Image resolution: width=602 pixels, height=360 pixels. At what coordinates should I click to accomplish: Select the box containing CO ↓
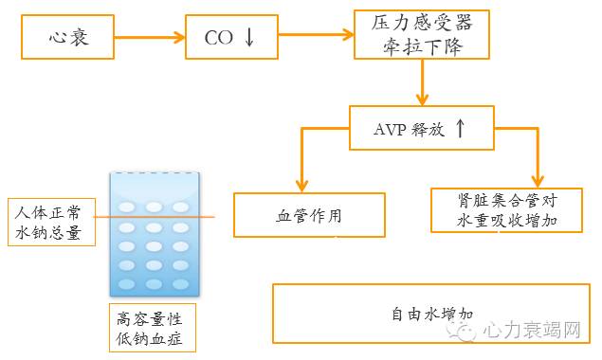[x=231, y=38]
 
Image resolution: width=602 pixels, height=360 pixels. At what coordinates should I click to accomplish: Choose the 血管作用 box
[x=310, y=216]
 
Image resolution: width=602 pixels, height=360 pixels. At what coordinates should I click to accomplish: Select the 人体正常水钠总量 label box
[x=51, y=222]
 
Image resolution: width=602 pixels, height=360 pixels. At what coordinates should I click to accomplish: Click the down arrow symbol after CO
[x=249, y=38]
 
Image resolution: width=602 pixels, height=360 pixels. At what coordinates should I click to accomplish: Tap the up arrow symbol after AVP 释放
[x=460, y=129]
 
